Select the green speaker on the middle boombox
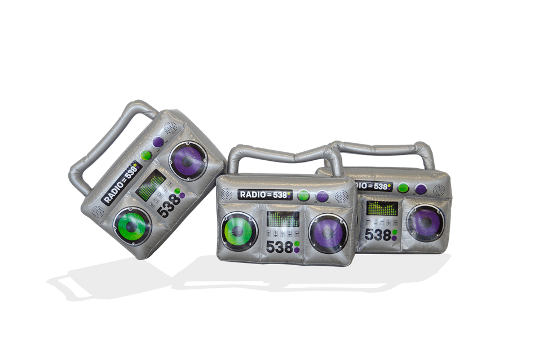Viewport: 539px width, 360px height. point(239,231)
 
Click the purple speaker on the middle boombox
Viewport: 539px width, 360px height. point(328,232)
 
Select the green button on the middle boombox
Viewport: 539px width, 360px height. point(303,195)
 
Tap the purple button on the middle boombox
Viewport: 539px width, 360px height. point(322,196)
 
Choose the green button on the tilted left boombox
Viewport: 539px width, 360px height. point(146,156)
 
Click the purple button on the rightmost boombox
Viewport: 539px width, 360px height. point(421,188)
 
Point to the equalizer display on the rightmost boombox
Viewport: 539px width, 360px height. point(381,208)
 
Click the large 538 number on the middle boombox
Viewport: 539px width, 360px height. point(280,247)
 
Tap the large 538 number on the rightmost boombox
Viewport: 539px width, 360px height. point(377,234)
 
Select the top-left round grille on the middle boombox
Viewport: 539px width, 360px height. point(226,194)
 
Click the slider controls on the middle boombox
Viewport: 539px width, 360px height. point(282,234)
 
